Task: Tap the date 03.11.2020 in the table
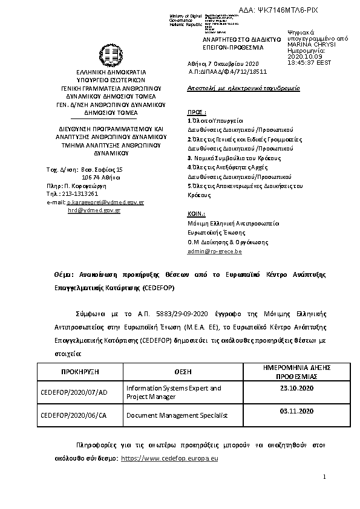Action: pyautogui.click(x=296, y=411)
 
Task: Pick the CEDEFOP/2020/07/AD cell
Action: pyautogui.click(x=74, y=392)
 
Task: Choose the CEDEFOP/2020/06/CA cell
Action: pyautogui.click(x=74, y=415)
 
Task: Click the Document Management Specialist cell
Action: pyautogui.click(x=176, y=415)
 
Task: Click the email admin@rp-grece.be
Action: pyautogui.click(x=215, y=250)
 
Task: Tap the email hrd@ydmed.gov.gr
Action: pyautogui.click(x=94, y=210)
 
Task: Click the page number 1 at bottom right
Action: pyautogui.click(x=325, y=478)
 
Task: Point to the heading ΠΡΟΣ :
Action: pyautogui.click(x=197, y=112)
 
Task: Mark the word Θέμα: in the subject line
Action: pyautogui.click(x=64, y=274)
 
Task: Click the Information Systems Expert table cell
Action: pyautogui.click(x=173, y=392)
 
